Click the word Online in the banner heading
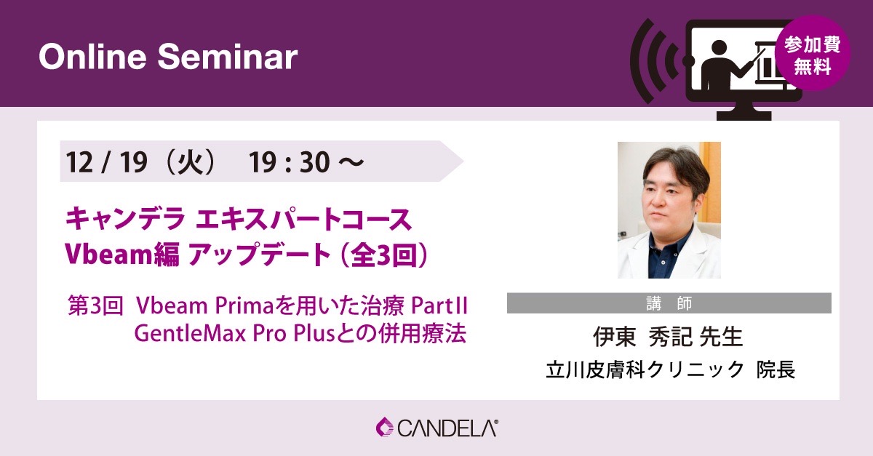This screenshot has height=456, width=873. coord(92,57)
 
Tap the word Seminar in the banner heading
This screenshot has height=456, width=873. coord(228,57)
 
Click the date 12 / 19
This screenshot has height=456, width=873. coord(106,161)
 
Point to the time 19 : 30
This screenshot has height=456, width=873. coord(290,161)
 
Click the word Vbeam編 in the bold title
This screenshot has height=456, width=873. coord(122,255)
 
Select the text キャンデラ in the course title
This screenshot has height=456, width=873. coord(124,220)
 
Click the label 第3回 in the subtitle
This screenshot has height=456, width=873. coord(95,306)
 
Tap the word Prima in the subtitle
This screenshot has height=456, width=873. coord(244,306)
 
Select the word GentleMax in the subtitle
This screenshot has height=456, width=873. coord(190,334)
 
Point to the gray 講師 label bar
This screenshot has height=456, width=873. coord(669,303)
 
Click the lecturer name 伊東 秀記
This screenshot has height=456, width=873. coord(642,337)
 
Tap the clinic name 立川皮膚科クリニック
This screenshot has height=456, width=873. coord(645,369)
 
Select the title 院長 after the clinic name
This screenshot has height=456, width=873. coord(776,369)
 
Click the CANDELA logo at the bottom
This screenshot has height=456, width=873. coord(437,428)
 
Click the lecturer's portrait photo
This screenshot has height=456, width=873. coord(669,210)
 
